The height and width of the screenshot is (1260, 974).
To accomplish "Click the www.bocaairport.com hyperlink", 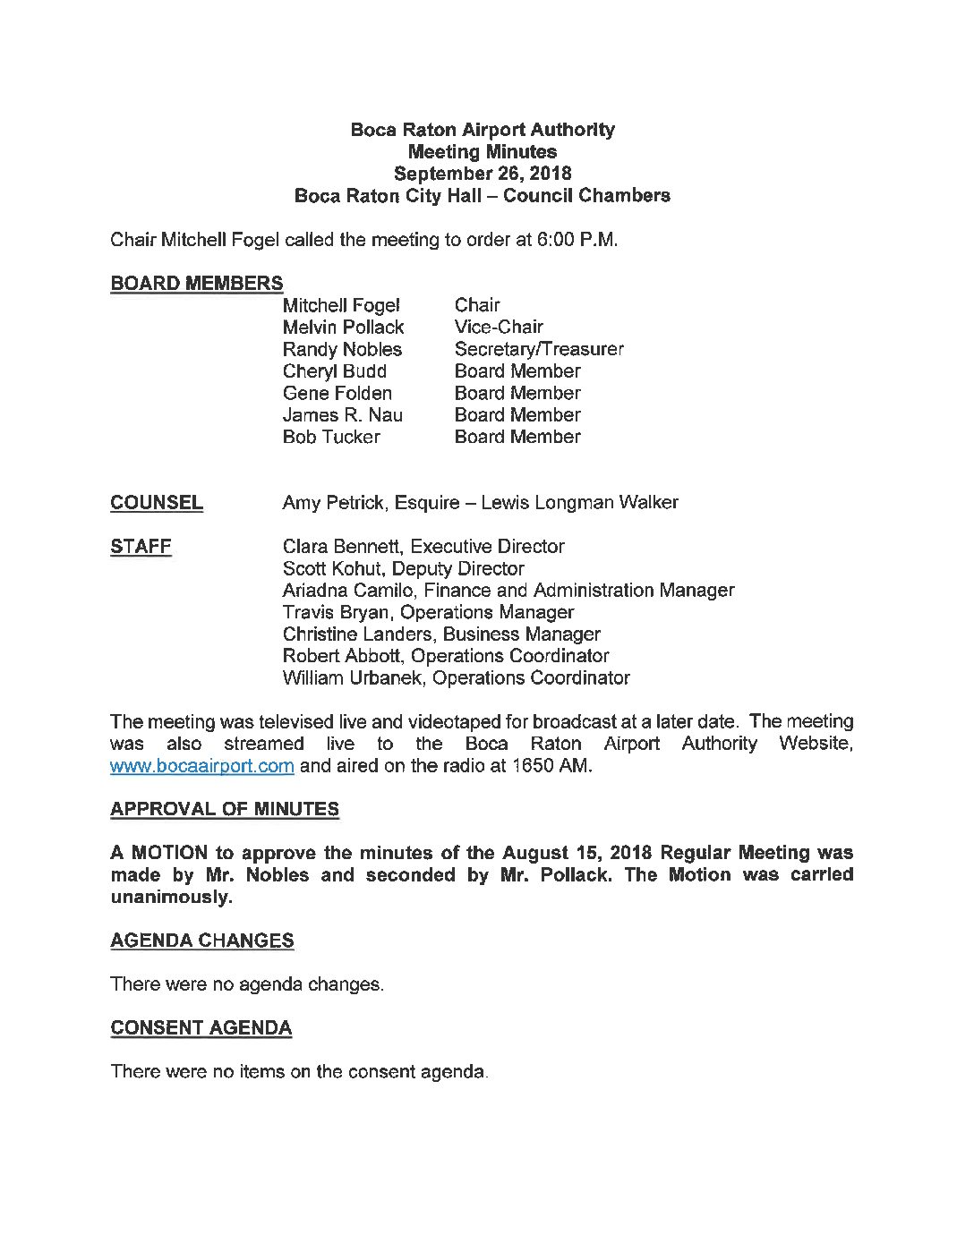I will coord(201,766).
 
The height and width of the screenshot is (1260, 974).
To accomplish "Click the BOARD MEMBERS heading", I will coord(196,284).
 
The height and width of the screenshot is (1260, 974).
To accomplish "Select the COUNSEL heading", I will coord(157,503).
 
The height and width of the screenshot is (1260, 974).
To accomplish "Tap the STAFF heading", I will coord(141,547).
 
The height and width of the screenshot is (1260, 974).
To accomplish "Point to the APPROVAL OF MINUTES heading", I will coord(225,809).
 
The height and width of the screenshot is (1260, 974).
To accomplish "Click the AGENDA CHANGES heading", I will coord(201,941).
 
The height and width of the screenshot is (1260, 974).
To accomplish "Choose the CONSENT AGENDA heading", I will coord(201,1028).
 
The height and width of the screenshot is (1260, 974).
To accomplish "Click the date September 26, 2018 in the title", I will coord(483,174).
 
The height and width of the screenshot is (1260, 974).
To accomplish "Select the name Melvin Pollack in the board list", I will coord(343,328).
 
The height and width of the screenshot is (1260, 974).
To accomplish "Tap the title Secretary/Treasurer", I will coord(538,349).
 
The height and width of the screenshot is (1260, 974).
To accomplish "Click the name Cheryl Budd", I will coord(334,371).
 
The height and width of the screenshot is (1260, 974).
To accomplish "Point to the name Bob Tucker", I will coord(330,437).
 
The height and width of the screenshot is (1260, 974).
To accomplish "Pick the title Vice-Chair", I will coord(498,328).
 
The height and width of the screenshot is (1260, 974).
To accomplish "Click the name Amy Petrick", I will coord(334,503).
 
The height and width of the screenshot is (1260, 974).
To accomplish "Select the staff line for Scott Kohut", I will coord(403,568).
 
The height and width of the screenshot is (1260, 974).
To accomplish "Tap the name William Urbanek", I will coord(355,678).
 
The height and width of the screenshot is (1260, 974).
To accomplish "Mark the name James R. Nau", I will coord(342,415).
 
